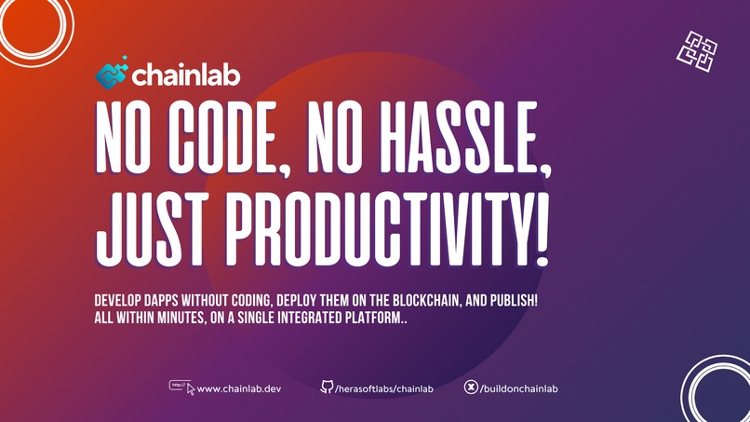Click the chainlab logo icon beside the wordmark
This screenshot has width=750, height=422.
click(x=112, y=75)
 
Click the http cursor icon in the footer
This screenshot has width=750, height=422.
click(x=181, y=387)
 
